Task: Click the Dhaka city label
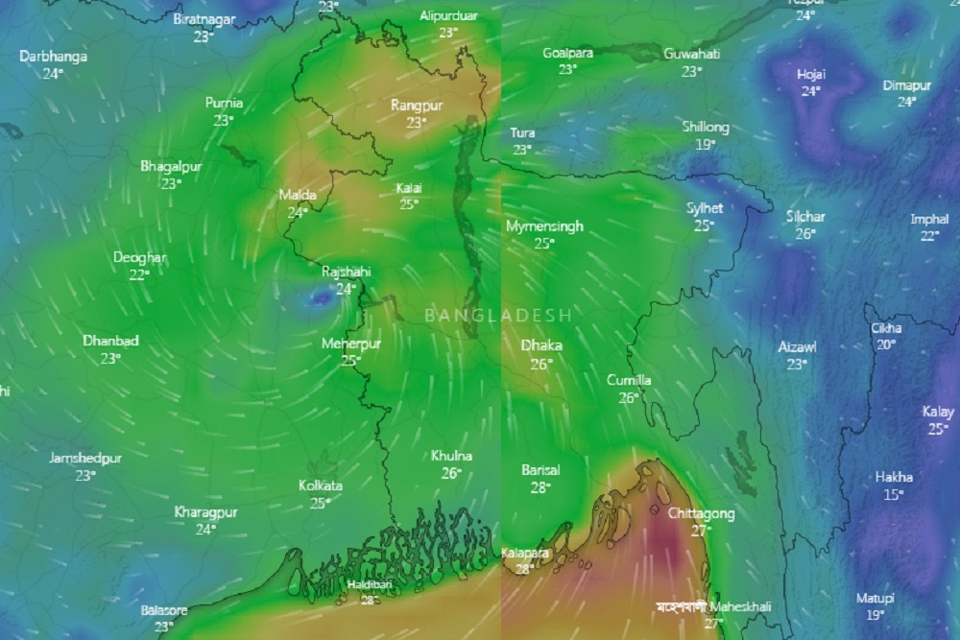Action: pyautogui.click(x=541, y=345)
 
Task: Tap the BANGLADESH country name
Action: pyautogui.click(x=498, y=315)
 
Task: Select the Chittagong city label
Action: pyautogui.click(x=701, y=514)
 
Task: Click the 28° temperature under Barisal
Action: pyautogui.click(x=540, y=487)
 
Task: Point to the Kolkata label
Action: pyautogui.click(x=321, y=486)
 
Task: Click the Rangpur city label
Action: pyautogui.click(x=417, y=106)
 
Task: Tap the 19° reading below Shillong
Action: pyautogui.click(x=706, y=144)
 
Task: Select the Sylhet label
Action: pyautogui.click(x=705, y=208)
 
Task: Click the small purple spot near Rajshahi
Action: pyautogui.click(x=320, y=299)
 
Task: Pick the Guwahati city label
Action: pyautogui.click(x=691, y=54)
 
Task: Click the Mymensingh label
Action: pyautogui.click(x=544, y=226)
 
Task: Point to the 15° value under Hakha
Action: pyautogui.click(x=894, y=495)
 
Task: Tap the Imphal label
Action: pyautogui.click(x=929, y=219)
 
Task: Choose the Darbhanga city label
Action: pyautogui.click(x=53, y=57)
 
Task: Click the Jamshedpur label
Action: pyautogui.click(x=85, y=459)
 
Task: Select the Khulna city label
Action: pyautogui.click(x=451, y=456)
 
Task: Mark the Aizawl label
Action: pyautogui.click(x=797, y=347)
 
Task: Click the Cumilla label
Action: pyautogui.click(x=629, y=381)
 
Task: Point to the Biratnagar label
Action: pyautogui.click(x=204, y=19)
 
